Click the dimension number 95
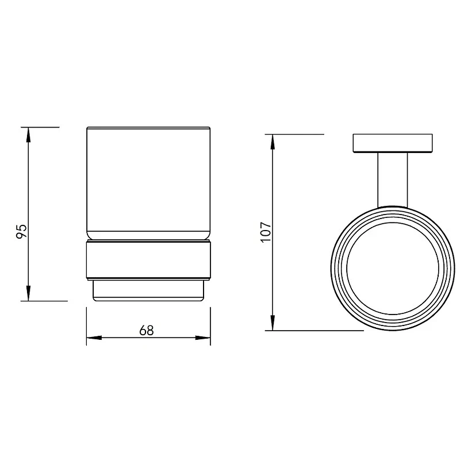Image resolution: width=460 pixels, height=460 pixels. point(21,232)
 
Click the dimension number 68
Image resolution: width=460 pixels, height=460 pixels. point(147,330)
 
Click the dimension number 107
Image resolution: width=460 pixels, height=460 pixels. point(266,232)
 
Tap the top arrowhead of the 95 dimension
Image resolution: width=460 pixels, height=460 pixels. point(28,135)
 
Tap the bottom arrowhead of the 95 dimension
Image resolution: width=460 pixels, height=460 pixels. point(28,293)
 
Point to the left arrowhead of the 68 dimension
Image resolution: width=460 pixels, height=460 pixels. point(94,338)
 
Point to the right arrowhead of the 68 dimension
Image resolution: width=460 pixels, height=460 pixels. point(203,338)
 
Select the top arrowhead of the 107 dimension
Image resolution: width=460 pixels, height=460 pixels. point(273,142)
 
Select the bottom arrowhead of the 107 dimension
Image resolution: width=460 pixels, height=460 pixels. point(273,323)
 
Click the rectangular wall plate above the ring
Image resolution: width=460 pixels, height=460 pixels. point(393,143)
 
